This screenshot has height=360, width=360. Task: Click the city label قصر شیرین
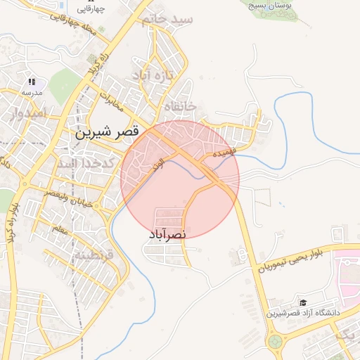[x=108, y=131]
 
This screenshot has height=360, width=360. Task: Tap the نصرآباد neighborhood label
[x=167, y=234]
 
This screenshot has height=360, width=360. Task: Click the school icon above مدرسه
[x=32, y=82]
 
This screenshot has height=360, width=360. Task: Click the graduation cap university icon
[x=303, y=301]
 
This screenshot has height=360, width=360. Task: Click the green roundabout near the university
[x=275, y=342]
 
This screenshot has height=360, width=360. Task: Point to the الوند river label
[x=157, y=165]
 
